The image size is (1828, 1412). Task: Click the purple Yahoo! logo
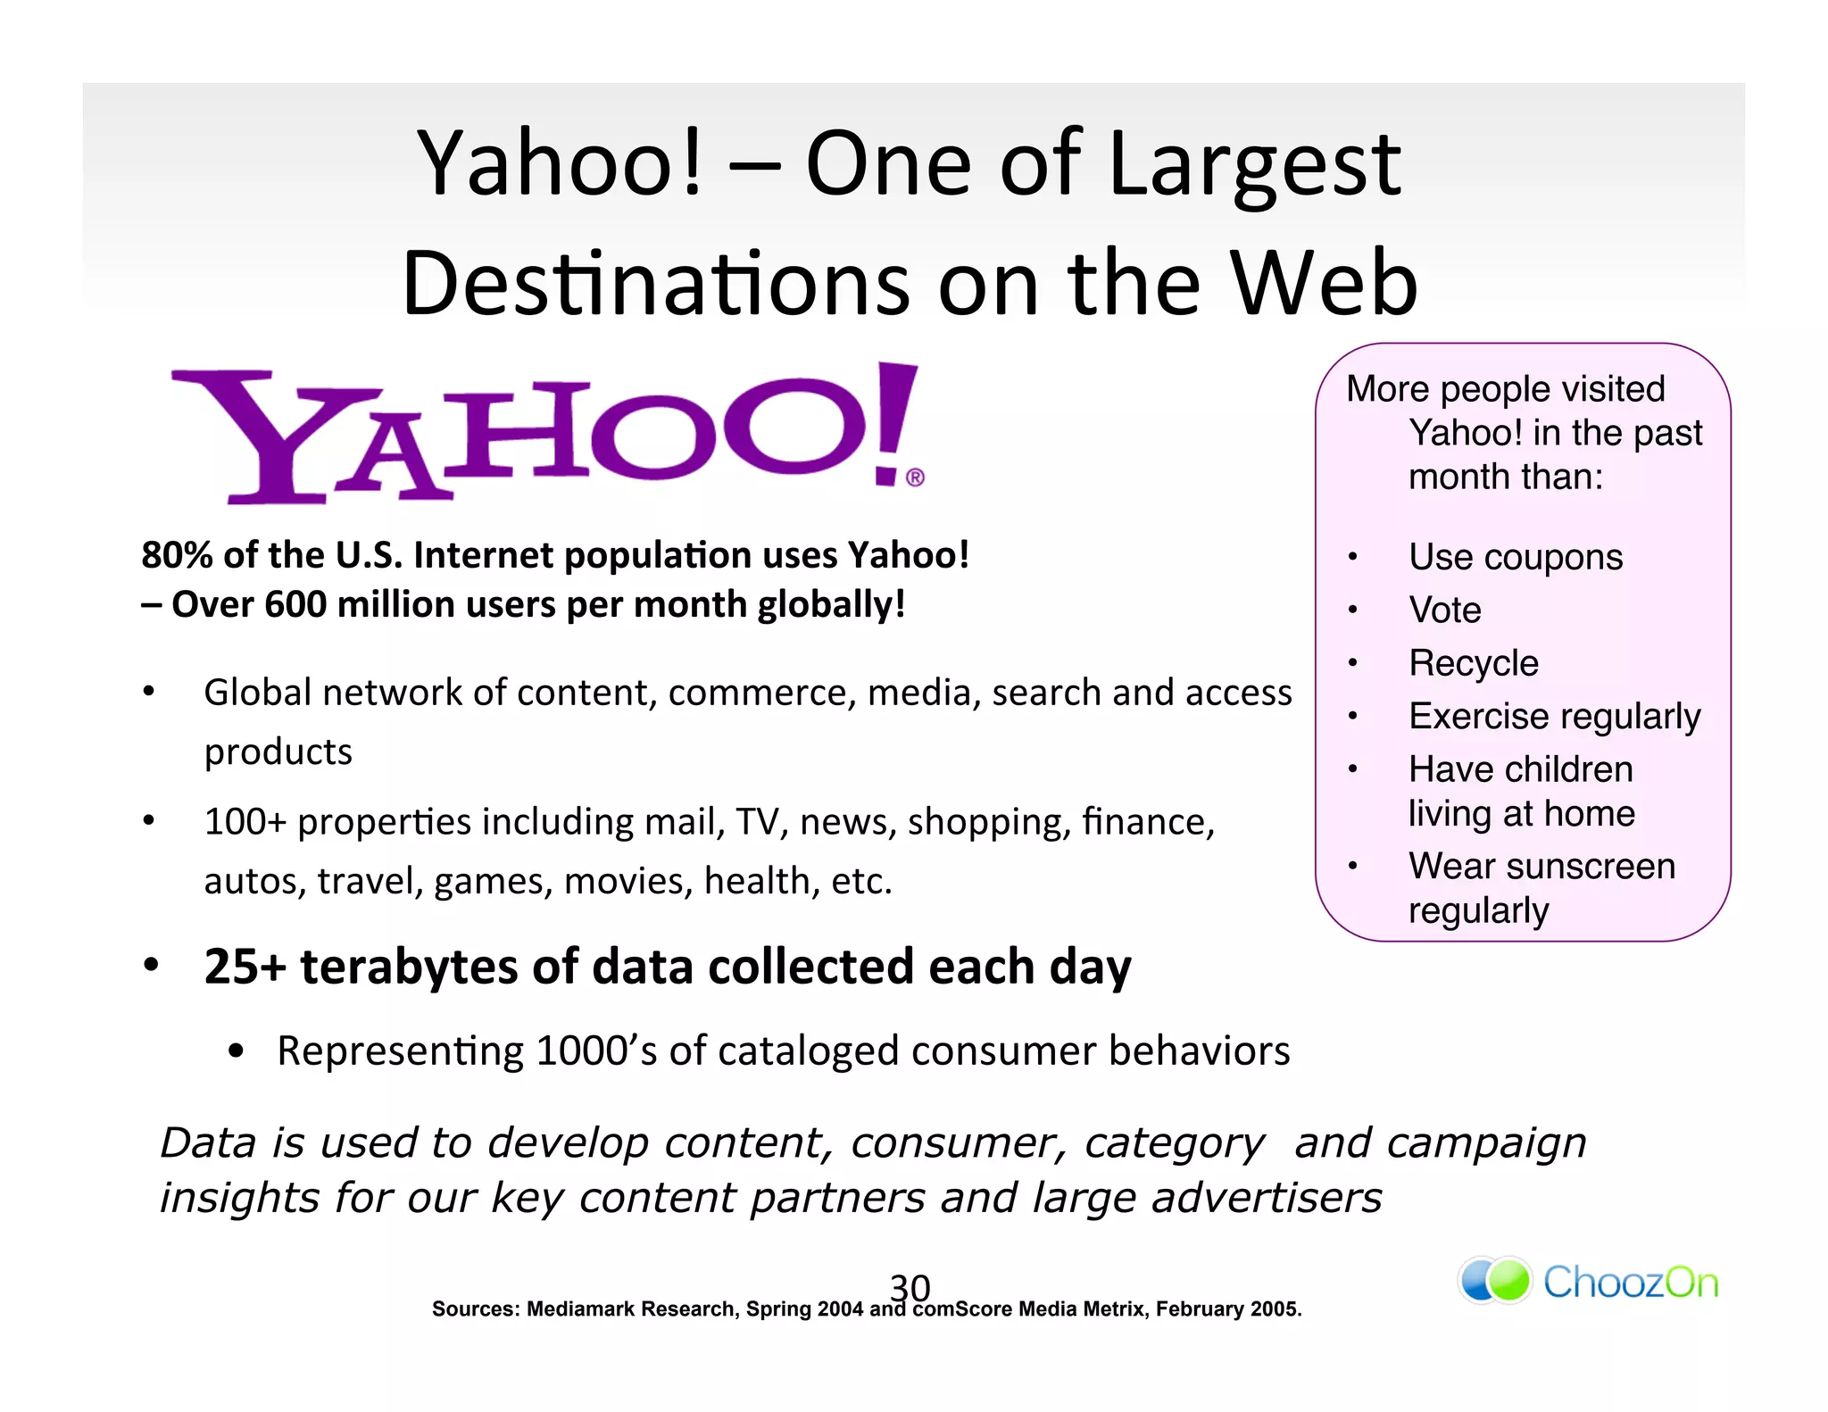tap(544, 433)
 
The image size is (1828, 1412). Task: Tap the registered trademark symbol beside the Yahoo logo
tap(915, 478)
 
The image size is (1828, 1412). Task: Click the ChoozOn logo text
tap(1630, 1283)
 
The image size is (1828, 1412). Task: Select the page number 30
tap(910, 1287)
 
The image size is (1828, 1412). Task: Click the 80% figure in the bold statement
tap(177, 555)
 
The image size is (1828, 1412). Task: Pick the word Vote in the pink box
tap(1444, 610)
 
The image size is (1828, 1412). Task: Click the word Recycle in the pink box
tap(1473, 663)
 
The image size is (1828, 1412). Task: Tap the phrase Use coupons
tap(1515, 557)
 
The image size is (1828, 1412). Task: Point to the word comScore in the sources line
tap(962, 1309)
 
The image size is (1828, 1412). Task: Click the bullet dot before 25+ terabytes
tap(151, 965)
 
